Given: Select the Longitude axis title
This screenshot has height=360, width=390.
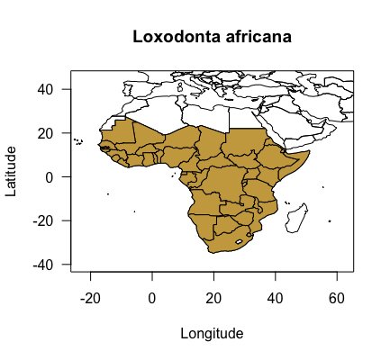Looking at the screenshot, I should (212, 334).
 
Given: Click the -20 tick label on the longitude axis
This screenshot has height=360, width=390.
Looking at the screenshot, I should (89, 297).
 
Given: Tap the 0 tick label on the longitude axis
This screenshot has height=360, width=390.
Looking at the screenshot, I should (152, 297).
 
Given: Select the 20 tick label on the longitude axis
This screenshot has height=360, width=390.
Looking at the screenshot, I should (213, 297).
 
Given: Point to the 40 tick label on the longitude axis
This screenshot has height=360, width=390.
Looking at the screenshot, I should (275, 297).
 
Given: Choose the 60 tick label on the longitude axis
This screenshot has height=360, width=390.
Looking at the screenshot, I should (337, 297).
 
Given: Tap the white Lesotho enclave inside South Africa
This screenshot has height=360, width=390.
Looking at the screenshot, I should (240, 241).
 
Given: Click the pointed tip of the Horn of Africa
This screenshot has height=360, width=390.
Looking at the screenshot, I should (310, 153).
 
